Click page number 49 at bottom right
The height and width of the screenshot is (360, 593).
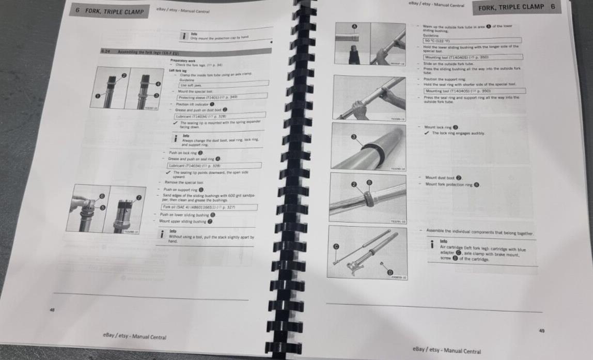pyautogui.click(x=541, y=331)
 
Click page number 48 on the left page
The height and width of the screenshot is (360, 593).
pyautogui.click(x=52, y=309)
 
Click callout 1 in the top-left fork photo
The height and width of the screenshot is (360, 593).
pyautogui.click(x=98, y=96)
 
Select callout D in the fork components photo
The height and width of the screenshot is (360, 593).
pyautogui.click(x=389, y=272)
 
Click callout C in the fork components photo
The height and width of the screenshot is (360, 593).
pyautogui.click(x=335, y=247)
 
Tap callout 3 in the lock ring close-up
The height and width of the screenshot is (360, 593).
pyautogui.click(x=353, y=136)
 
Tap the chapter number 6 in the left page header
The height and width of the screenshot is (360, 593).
pyautogui.click(x=77, y=10)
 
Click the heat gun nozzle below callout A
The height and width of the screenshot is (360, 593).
pyautogui.click(x=354, y=54)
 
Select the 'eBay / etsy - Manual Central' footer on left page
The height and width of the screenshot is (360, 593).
pyautogui.click(x=134, y=337)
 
